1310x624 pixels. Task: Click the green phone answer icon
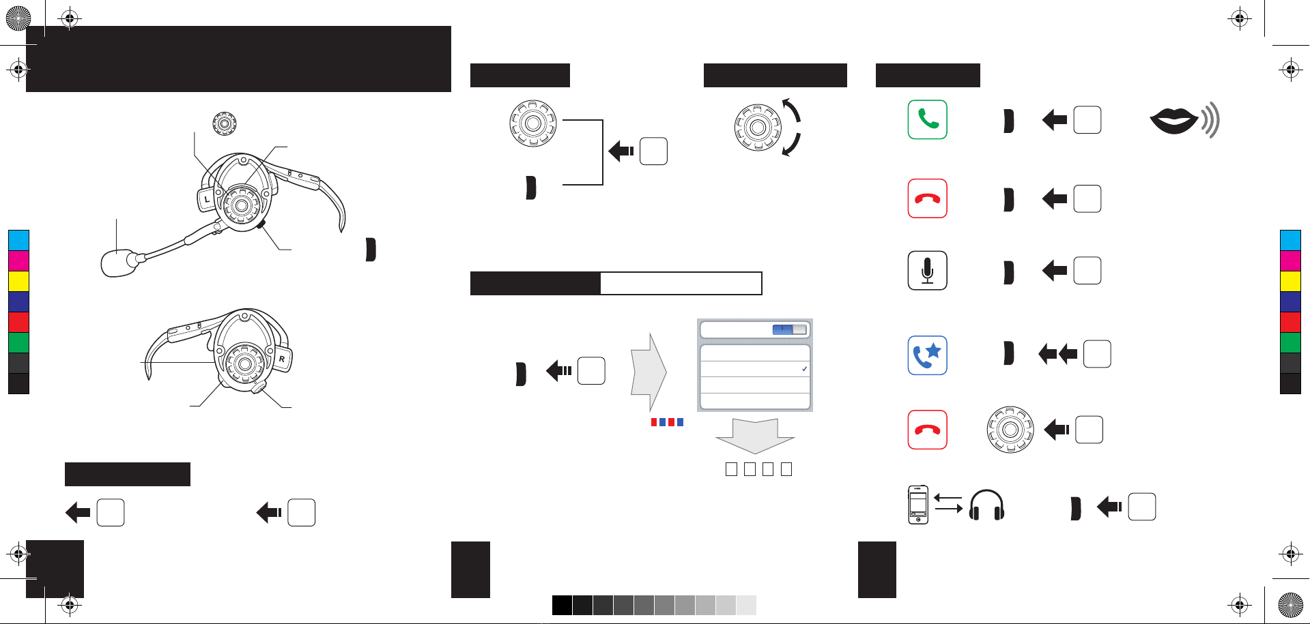[927, 120]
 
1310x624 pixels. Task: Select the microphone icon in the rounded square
[927, 271]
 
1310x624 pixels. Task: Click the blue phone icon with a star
[927, 355]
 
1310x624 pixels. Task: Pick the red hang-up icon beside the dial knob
[927, 430]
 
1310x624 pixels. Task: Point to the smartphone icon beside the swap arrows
[918, 505]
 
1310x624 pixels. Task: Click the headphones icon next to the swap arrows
[986, 505]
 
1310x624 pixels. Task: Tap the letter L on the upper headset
[207, 199]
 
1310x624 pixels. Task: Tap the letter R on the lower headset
[282, 359]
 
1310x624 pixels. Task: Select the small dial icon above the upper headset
[224, 124]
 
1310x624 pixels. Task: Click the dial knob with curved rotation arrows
[758, 128]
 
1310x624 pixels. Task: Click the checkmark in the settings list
[805, 369]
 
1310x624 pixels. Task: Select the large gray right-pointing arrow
[649, 372]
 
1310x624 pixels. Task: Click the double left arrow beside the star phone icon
[1057, 354]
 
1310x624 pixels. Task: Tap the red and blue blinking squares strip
[667, 422]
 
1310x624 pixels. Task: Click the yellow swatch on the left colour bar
[18, 281]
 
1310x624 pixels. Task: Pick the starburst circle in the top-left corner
[18, 18]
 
